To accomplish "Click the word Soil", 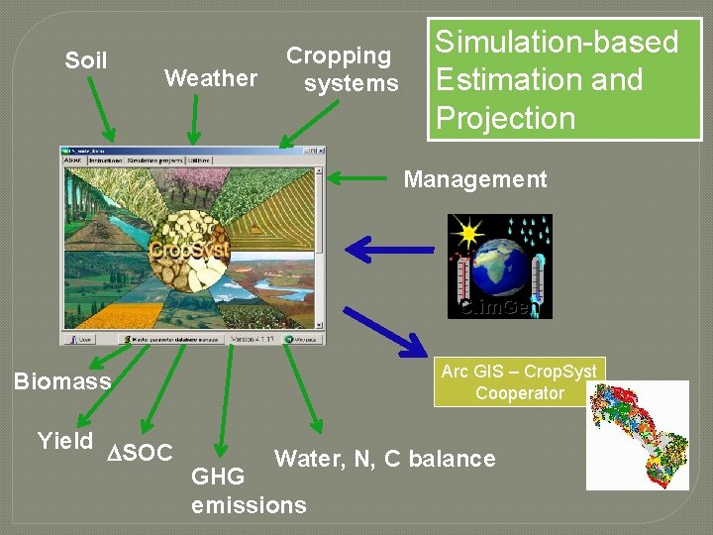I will (86, 60).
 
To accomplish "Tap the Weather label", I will (210, 77).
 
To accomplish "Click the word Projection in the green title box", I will (505, 118).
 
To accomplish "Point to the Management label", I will (474, 179).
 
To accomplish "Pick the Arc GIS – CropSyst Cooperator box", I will (519, 381).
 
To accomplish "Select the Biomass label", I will (61, 381).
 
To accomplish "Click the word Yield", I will (64, 440).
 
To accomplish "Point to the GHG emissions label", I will (249, 491).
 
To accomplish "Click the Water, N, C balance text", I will (384, 459).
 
